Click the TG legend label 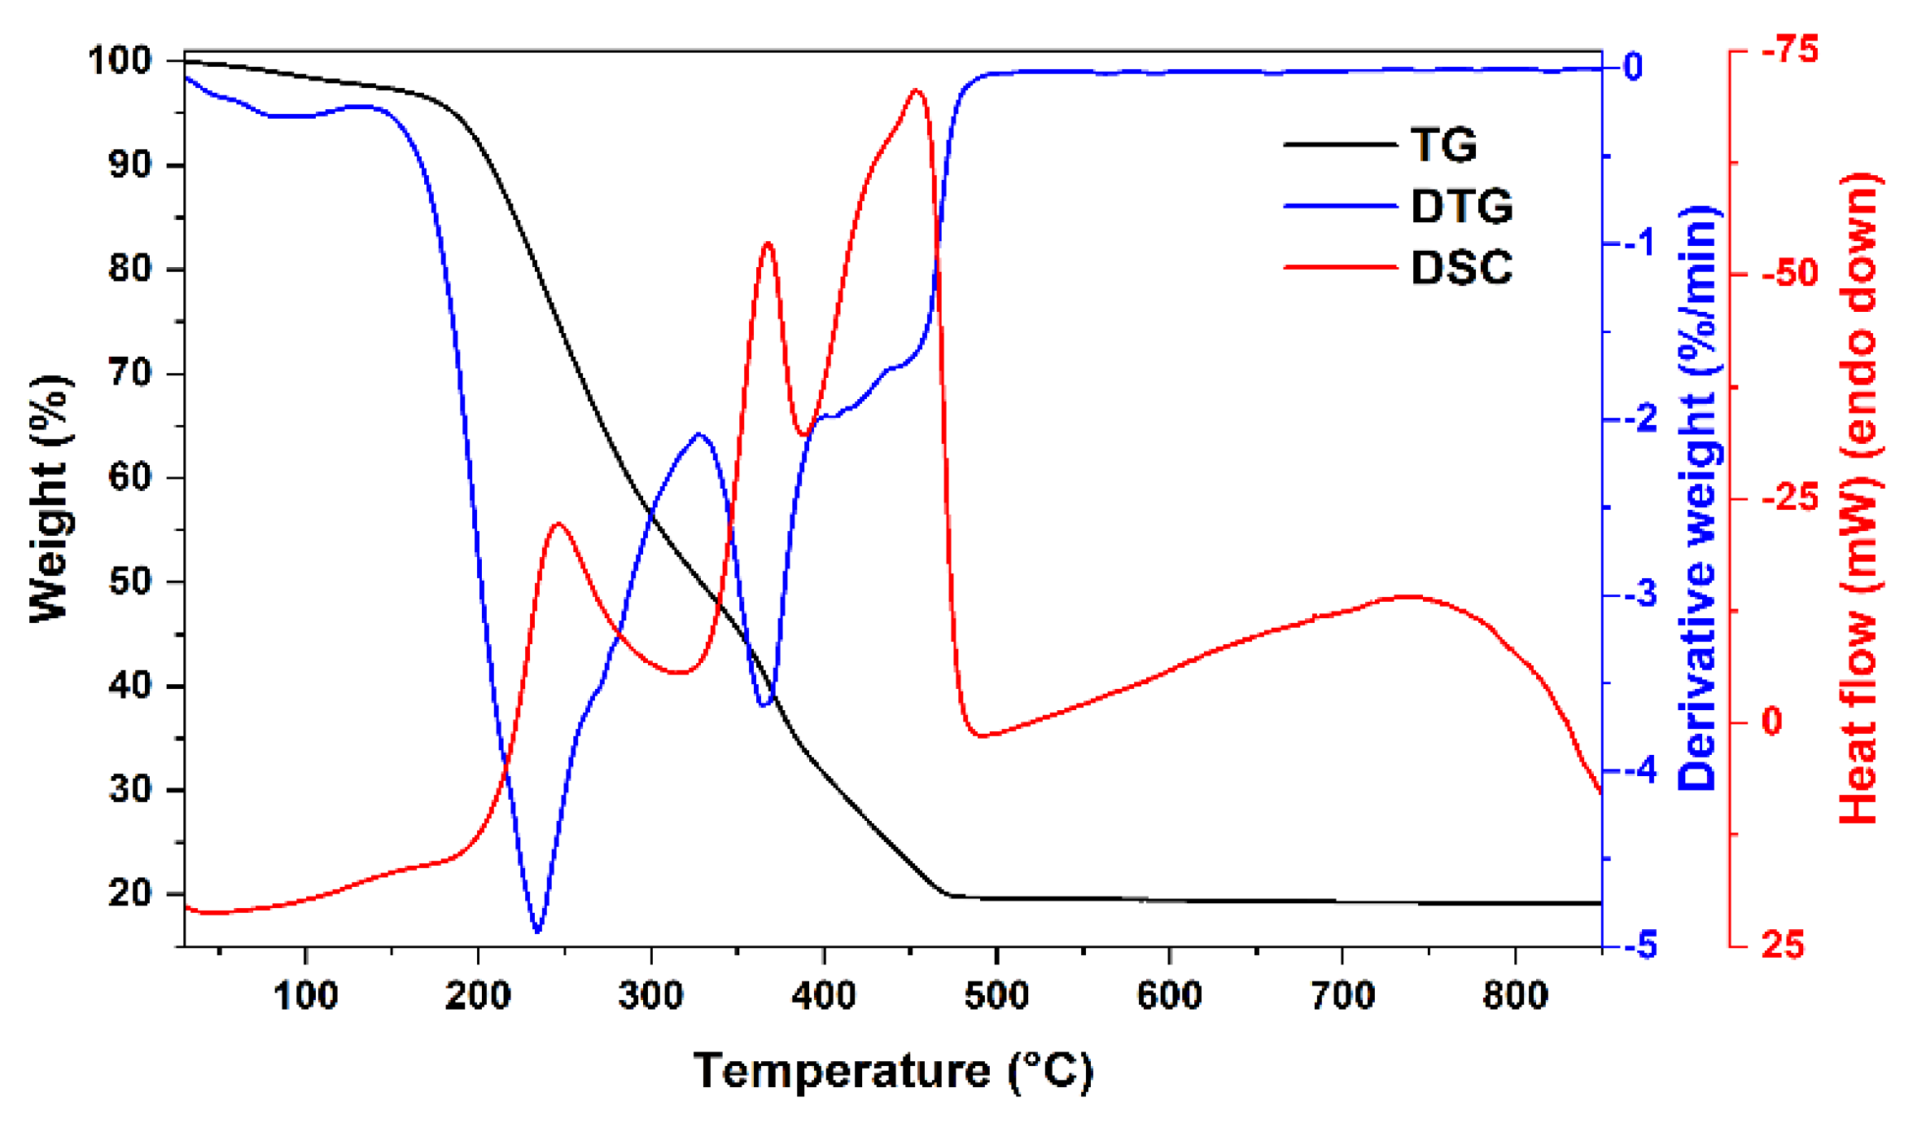tap(1443, 146)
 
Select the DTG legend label tap(1461, 207)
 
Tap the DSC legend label tap(1461, 268)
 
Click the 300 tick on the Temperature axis tap(650, 995)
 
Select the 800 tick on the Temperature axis tap(1515, 995)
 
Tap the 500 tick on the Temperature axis tap(996, 995)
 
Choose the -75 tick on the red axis tap(1789, 50)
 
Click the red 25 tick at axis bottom tap(1783, 946)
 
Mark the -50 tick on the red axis tap(1789, 274)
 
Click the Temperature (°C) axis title tap(893, 1071)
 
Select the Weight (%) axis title tap(50, 498)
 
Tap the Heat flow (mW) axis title tap(1859, 498)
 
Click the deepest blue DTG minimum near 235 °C tap(537, 930)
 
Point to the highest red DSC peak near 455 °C tap(917, 90)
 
